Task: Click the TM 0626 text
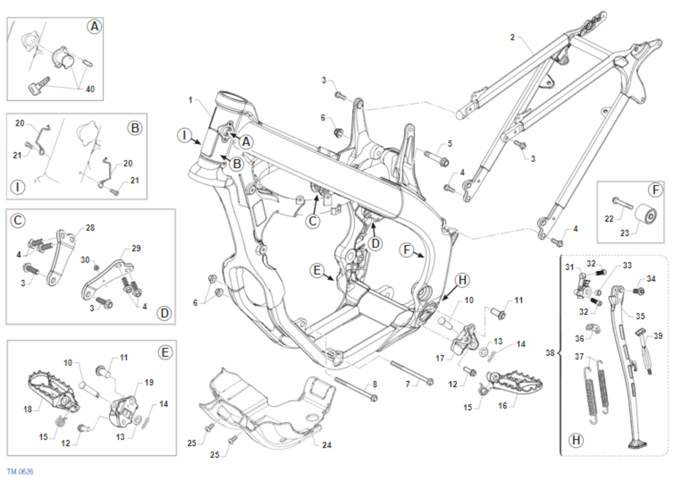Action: (x=20, y=472)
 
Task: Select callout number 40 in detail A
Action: (x=90, y=89)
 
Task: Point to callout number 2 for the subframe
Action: (x=512, y=37)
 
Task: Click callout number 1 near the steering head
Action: (x=190, y=100)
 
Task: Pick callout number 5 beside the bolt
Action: (x=450, y=143)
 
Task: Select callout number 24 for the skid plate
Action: (x=327, y=445)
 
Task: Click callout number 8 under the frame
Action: (x=375, y=384)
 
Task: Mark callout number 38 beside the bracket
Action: (x=550, y=352)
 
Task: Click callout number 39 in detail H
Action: (x=658, y=335)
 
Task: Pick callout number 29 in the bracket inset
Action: (x=136, y=248)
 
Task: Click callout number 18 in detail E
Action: (x=27, y=409)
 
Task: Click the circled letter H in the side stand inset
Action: (x=575, y=441)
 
